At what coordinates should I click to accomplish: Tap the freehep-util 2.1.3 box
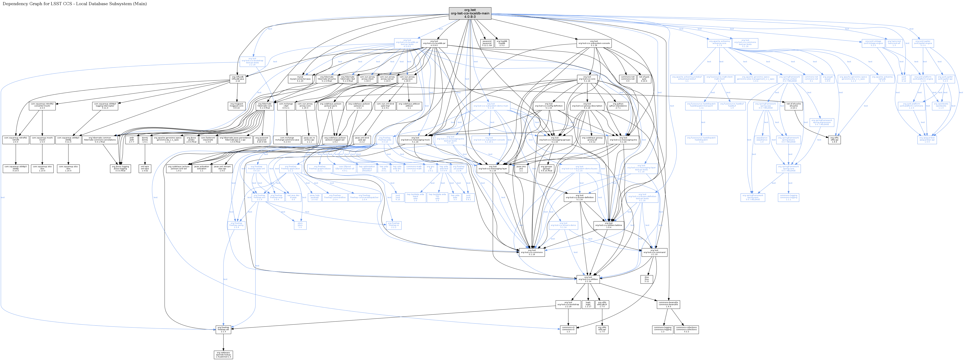(223, 329)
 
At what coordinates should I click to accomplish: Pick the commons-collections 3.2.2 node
(686, 329)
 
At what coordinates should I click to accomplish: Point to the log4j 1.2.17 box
(588, 304)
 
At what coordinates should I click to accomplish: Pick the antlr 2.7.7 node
(131, 140)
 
